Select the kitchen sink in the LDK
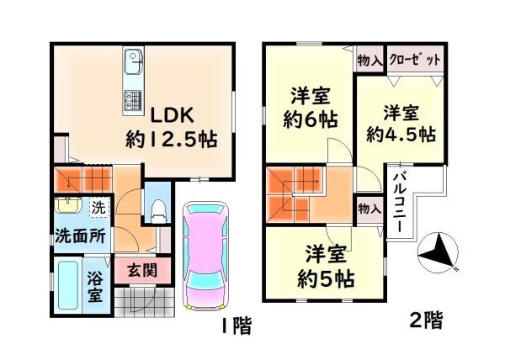click(134, 62)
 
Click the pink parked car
click(205, 256)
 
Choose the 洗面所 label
click(81, 236)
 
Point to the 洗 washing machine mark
click(98, 205)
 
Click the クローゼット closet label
click(415, 60)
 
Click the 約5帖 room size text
click(324, 266)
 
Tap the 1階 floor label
click(235, 326)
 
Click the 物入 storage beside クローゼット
click(367, 60)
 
